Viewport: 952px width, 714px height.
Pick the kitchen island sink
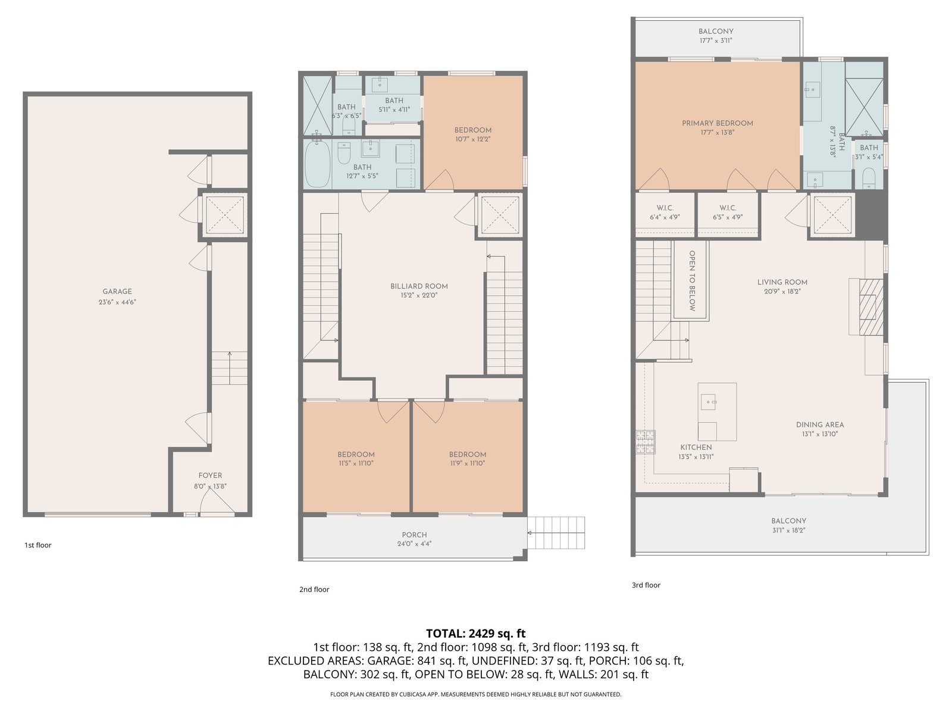coord(708,402)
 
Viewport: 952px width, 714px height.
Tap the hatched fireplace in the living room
coord(871,307)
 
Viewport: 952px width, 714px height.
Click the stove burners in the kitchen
coord(646,441)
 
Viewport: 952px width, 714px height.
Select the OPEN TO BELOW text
coord(692,281)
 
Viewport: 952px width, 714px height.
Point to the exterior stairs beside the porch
coord(556,533)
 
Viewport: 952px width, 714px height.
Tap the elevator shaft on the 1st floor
coord(224,215)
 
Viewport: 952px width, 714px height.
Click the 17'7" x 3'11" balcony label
coord(716,36)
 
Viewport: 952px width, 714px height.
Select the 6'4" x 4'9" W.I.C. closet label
coord(665,212)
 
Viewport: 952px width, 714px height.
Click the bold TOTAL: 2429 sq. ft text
coord(476,633)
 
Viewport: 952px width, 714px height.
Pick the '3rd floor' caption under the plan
coord(646,585)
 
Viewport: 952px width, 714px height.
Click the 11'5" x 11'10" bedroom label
coord(356,459)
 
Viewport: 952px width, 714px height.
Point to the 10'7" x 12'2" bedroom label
coord(473,134)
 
